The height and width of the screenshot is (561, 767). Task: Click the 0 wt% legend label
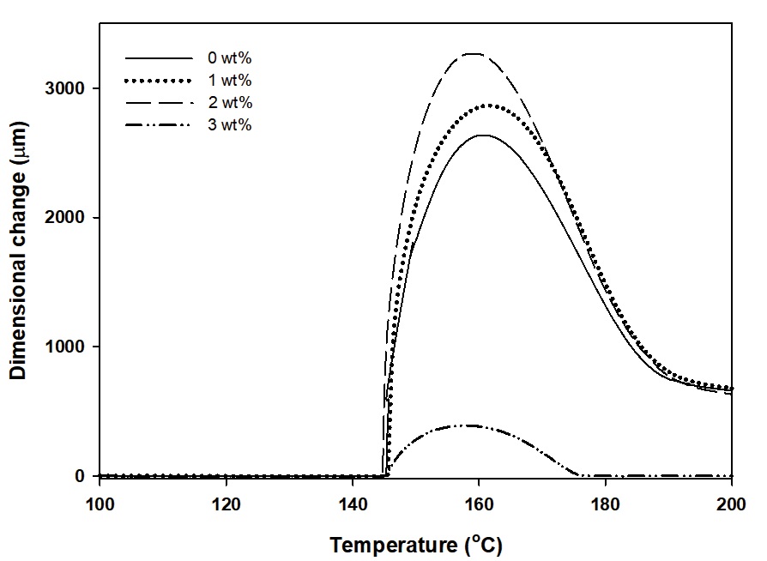pyautogui.click(x=229, y=58)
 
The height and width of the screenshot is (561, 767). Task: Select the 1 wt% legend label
pyautogui.click(x=229, y=81)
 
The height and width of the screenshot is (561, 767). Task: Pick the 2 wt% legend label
pyautogui.click(x=229, y=103)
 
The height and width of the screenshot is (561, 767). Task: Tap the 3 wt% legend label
pyautogui.click(x=229, y=125)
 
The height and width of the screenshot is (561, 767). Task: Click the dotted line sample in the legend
pyautogui.click(x=159, y=81)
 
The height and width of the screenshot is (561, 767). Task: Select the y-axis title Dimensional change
pyautogui.click(x=18, y=282)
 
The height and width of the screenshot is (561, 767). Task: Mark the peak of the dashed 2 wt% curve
pyautogui.click(x=474, y=53)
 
